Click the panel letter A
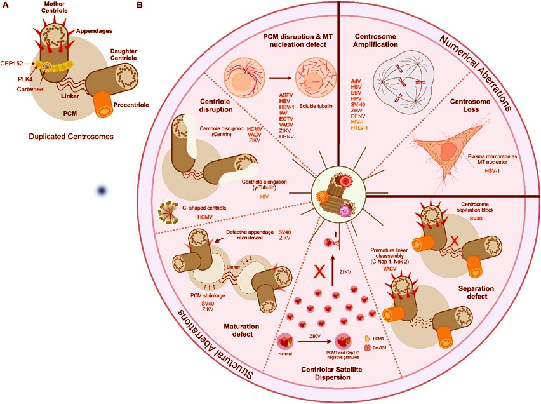point(5,5)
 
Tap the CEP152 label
point(11,64)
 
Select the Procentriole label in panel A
point(131,105)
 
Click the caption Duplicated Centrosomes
point(71,137)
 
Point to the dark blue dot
point(102,191)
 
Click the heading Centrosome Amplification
point(376,41)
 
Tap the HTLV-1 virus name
point(360,128)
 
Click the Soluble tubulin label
point(316,106)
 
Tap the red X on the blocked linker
point(455,241)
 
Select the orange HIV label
point(264,197)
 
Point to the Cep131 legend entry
point(376,347)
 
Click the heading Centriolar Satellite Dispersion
point(333,374)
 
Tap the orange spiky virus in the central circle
point(323,197)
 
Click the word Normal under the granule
point(285,354)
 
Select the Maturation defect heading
point(241,330)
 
